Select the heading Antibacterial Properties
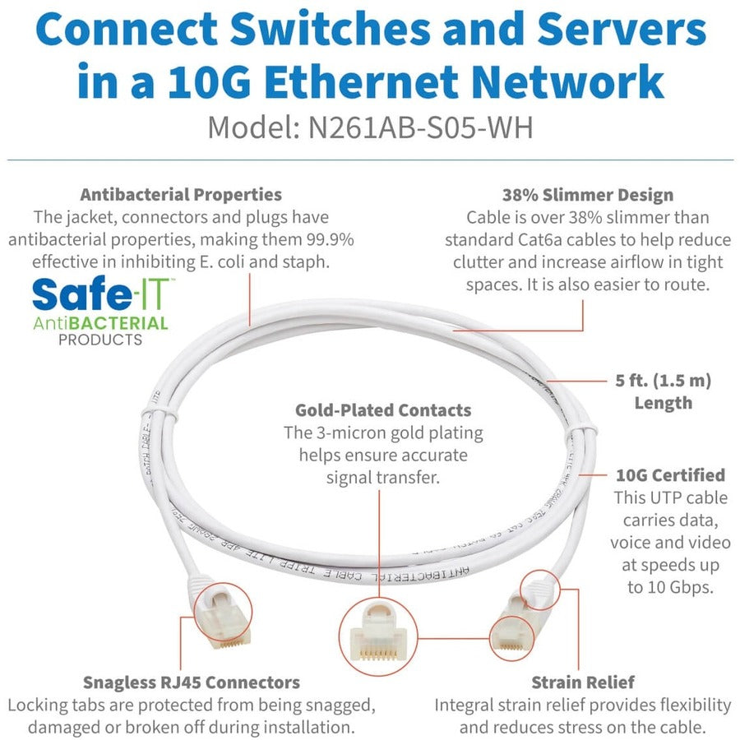coord(180,195)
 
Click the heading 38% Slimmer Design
coord(587,195)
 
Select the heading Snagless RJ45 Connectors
coord(192,682)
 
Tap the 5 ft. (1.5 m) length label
coord(662,391)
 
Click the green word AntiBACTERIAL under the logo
coord(100,322)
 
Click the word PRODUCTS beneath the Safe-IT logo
coord(100,340)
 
